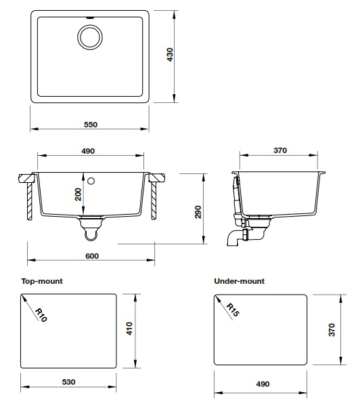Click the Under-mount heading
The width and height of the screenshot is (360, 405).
(239, 280)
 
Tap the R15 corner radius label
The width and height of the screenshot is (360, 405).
(233, 310)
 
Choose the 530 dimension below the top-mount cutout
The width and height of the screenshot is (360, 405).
(70, 382)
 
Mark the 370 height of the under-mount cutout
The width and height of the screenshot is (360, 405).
(333, 331)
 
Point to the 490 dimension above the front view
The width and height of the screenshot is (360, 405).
(87, 151)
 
